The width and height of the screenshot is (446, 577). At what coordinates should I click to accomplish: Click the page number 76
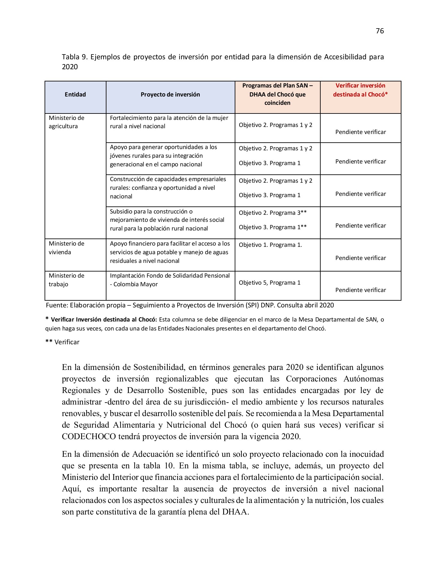[x=379, y=31]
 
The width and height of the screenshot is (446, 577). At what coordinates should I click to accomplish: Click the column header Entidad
[x=75, y=95]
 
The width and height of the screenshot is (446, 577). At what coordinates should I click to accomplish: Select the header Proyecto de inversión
[x=170, y=95]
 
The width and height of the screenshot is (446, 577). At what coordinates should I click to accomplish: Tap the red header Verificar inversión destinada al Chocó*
[x=360, y=90]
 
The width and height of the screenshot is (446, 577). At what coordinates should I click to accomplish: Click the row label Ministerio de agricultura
[x=66, y=122]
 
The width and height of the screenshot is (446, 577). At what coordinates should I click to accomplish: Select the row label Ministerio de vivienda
[x=66, y=248]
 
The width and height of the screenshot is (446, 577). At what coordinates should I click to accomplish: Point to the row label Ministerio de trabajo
[x=66, y=280]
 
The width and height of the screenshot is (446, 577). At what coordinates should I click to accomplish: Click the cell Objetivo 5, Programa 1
[x=270, y=283]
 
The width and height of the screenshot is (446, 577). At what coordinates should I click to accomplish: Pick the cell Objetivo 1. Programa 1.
[x=270, y=245]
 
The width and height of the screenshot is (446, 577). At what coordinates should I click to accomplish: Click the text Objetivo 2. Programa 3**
[x=273, y=213]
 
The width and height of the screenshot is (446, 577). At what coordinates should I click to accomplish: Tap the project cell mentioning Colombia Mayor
[x=170, y=280]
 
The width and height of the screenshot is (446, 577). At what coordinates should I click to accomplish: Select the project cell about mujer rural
[x=169, y=122]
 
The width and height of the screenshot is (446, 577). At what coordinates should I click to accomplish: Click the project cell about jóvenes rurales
[x=163, y=156]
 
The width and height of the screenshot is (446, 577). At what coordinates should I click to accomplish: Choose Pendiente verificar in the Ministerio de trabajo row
[x=360, y=290]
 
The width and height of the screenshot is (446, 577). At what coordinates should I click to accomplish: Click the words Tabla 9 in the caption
[x=74, y=57]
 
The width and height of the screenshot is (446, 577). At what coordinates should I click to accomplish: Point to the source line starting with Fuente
[x=190, y=305]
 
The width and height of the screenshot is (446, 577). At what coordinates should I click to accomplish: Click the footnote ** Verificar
[x=63, y=342]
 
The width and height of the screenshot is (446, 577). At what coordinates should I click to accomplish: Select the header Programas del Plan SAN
[x=277, y=86]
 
